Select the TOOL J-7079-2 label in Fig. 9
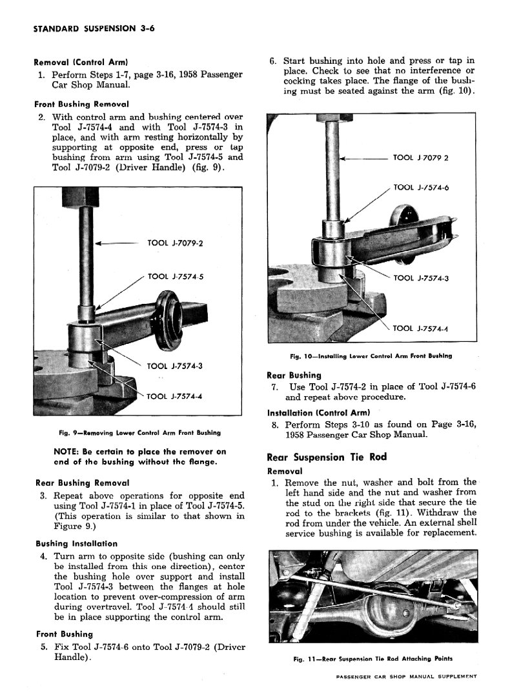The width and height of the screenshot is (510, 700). [x=176, y=243]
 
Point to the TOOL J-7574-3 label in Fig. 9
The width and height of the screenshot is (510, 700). [x=176, y=366]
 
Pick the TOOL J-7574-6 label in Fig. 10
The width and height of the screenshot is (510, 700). [x=421, y=188]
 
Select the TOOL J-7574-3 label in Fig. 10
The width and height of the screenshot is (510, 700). [x=421, y=278]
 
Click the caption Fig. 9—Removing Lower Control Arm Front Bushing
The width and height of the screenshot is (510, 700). [x=139, y=432]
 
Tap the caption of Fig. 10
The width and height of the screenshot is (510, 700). [x=371, y=355]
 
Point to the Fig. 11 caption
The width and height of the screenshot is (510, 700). [x=372, y=659]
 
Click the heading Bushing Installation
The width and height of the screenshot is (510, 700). [x=76, y=544]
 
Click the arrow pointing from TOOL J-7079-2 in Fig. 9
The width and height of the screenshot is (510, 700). [x=116, y=244]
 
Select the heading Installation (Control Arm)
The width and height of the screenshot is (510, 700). [x=318, y=413]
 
